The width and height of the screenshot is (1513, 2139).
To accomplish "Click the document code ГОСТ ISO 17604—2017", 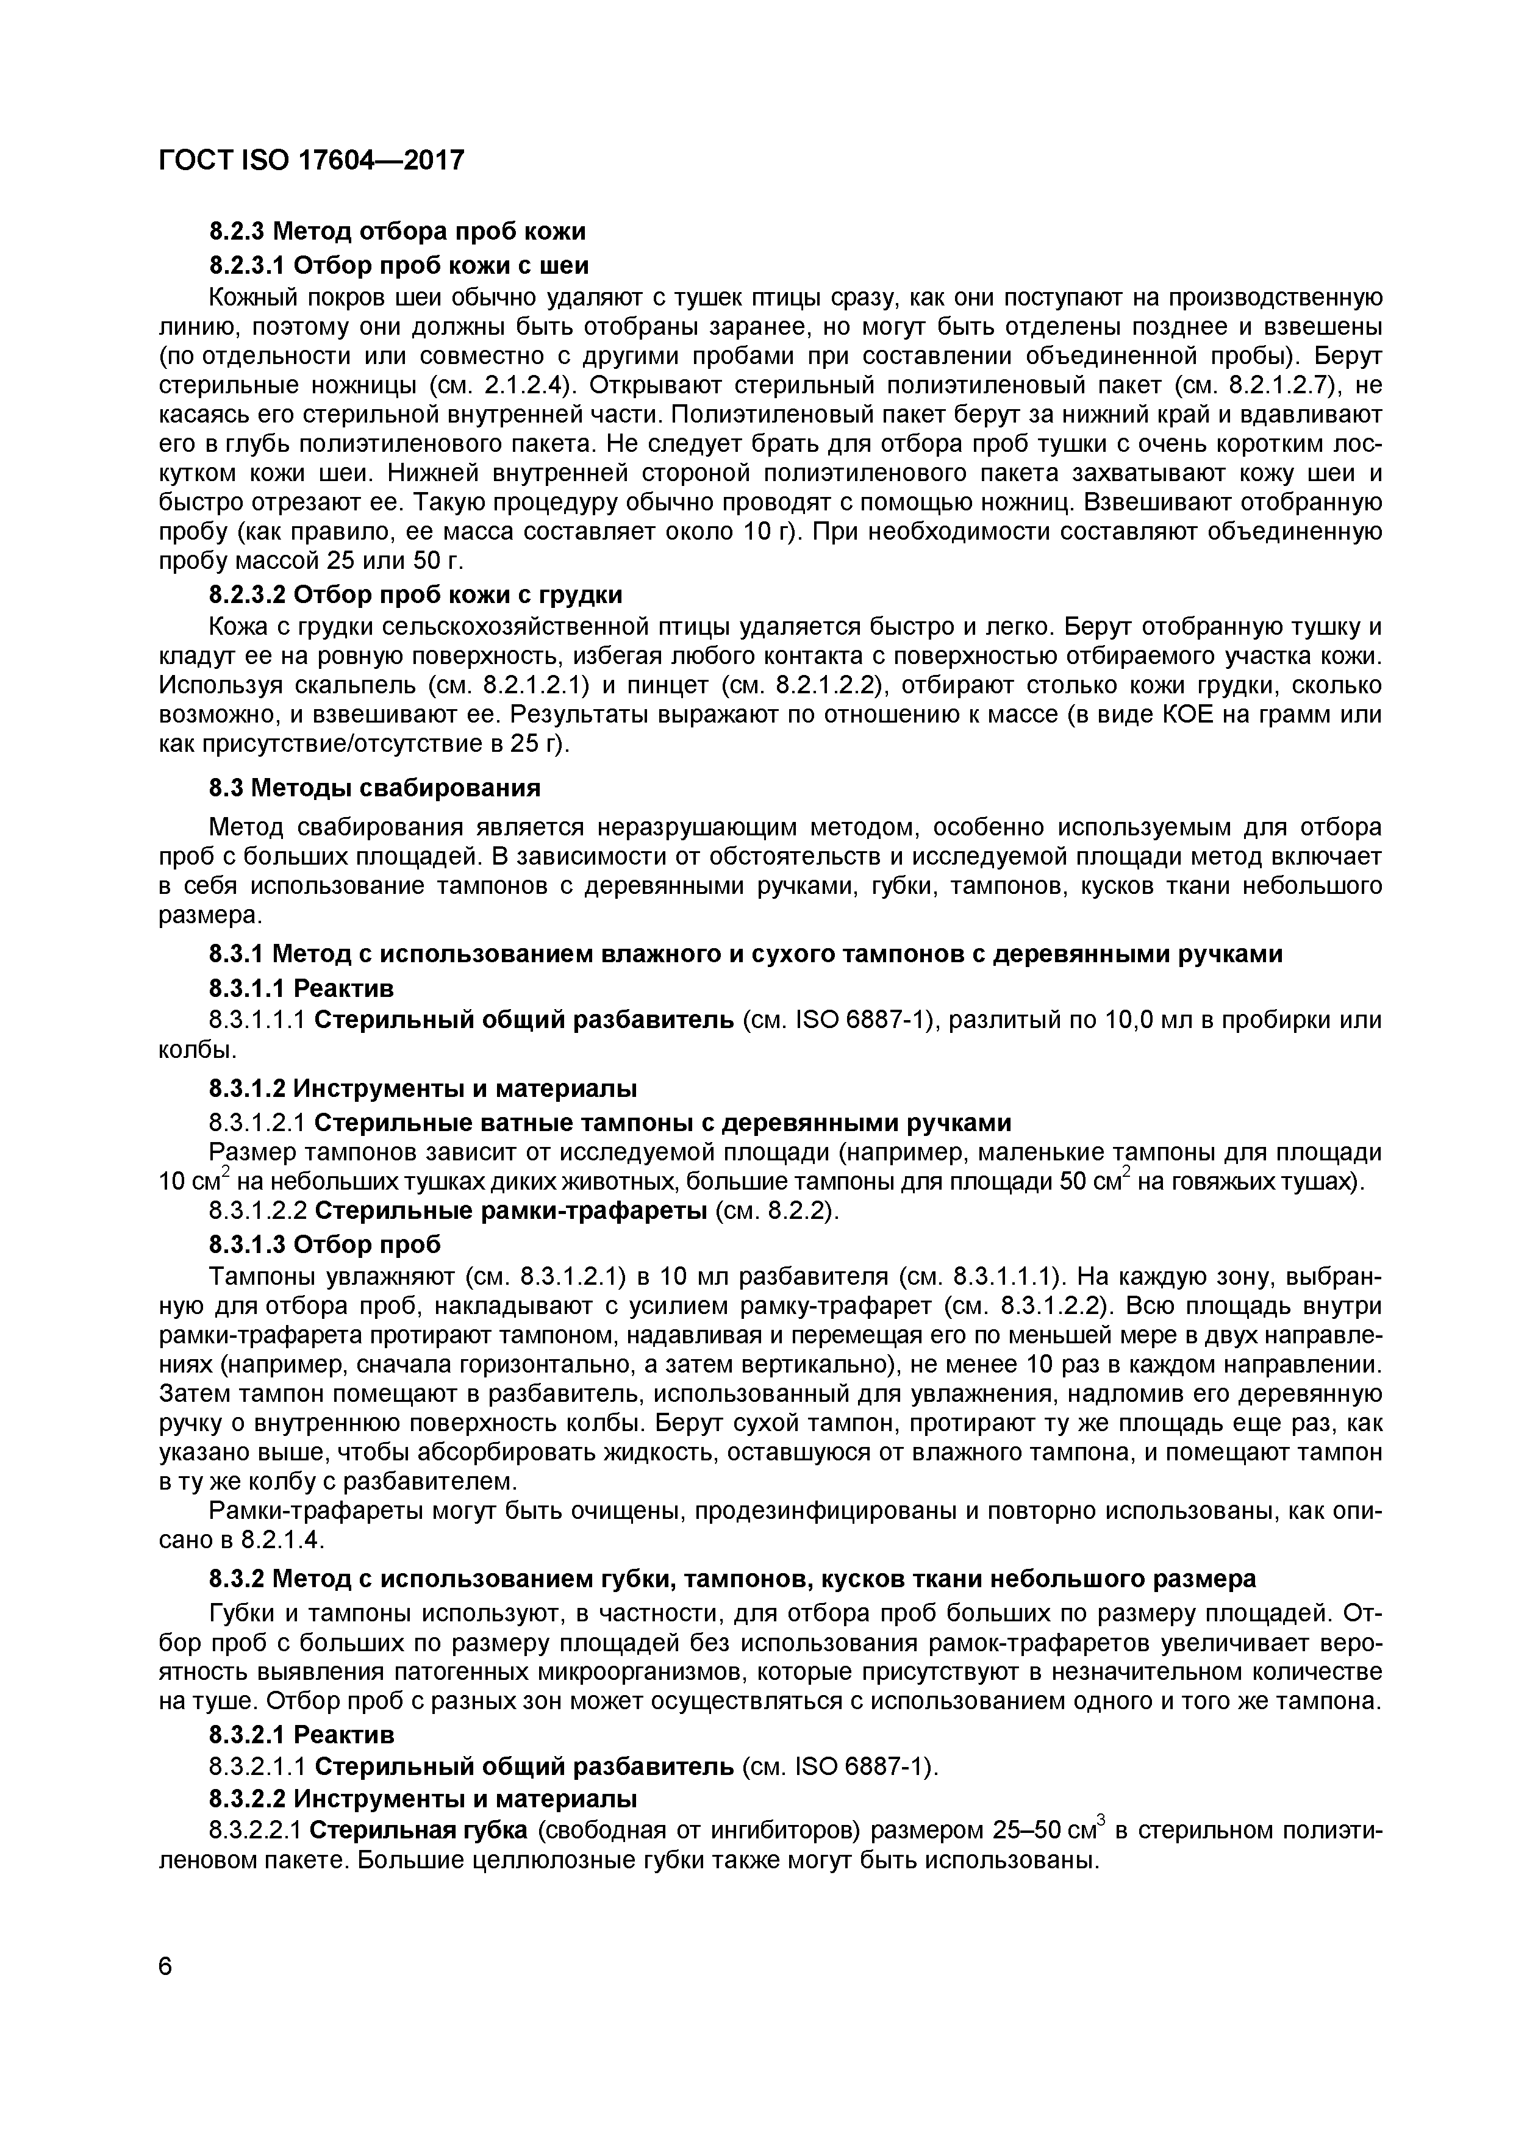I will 311,161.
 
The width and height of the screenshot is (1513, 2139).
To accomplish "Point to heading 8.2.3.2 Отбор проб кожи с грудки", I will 415,595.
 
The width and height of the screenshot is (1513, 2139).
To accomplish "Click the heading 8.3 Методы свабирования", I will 374,788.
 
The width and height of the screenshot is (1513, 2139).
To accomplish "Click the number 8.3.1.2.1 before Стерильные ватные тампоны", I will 258,1123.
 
